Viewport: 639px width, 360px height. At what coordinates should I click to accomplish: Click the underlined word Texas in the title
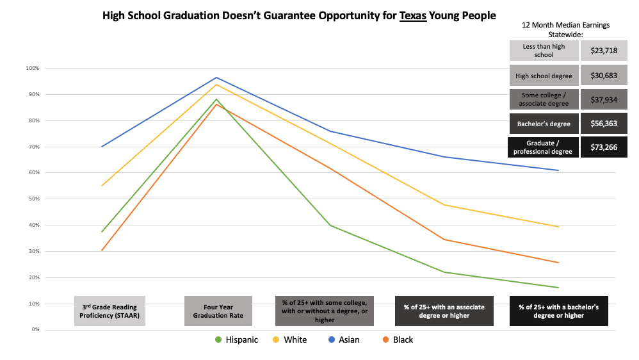pyautogui.click(x=413, y=15)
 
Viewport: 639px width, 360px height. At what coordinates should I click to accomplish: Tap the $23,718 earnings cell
pyautogui.click(x=604, y=51)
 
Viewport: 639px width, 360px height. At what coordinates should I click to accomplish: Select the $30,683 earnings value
pyautogui.click(x=604, y=75)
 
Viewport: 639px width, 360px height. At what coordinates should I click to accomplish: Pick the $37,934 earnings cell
pyautogui.click(x=604, y=99)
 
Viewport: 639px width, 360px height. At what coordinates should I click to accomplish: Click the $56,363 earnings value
pyautogui.click(x=604, y=123)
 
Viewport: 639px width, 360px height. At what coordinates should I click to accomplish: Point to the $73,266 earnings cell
pyautogui.click(x=604, y=147)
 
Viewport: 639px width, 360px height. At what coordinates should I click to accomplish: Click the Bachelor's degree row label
pyautogui.click(x=544, y=123)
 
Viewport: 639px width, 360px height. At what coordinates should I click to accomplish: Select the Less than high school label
pyautogui.click(x=544, y=51)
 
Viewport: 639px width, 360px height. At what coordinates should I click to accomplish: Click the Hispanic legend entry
pyautogui.click(x=237, y=340)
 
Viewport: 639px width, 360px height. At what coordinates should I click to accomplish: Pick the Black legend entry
pyautogui.click(x=398, y=340)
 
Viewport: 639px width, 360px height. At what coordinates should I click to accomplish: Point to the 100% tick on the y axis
pyautogui.click(x=32, y=68)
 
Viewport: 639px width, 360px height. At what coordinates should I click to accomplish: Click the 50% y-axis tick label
pyautogui.click(x=33, y=199)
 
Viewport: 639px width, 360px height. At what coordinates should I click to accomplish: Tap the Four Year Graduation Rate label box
pyautogui.click(x=218, y=311)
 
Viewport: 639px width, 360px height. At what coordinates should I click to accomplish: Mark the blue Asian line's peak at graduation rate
pyautogui.click(x=216, y=78)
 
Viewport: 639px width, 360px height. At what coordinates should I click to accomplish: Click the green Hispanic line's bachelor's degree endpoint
pyautogui.click(x=559, y=287)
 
